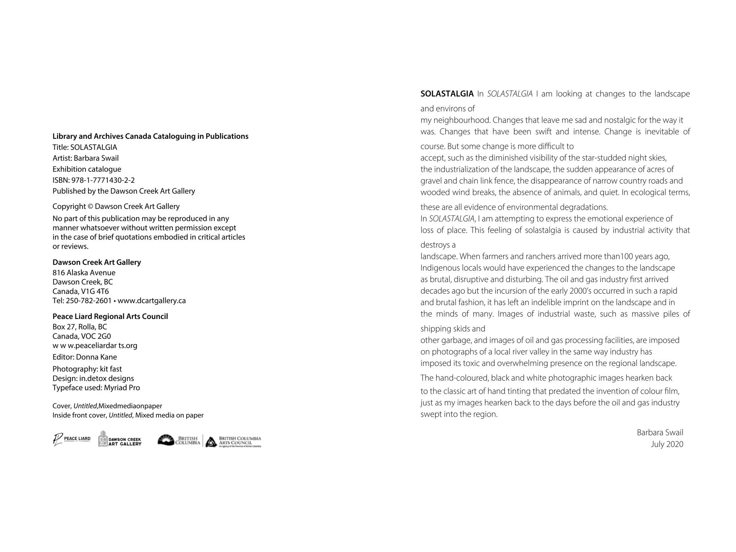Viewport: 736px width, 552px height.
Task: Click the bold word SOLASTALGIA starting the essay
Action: [x=447, y=94]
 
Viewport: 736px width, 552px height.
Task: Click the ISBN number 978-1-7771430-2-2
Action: [x=103, y=180]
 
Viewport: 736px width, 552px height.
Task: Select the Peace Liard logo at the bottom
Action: [x=72, y=439]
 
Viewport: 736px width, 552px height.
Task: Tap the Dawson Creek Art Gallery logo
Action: [x=120, y=439]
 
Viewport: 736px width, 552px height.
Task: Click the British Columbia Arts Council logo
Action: [x=233, y=441]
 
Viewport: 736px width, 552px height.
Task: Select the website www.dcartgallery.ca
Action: [x=151, y=301]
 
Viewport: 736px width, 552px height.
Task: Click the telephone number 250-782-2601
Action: [x=89, y=301]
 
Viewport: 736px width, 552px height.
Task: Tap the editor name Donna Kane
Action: [x=96, y=357]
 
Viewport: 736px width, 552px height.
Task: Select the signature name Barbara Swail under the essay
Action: [x=660, y=433]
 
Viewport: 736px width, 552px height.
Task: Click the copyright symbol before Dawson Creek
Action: [x=90, y=207]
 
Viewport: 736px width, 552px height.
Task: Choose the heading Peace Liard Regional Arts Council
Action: [x=110, y=317]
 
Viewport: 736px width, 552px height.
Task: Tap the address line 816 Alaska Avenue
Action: [x=84, y=273]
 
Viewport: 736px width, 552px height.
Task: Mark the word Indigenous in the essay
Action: [x=440, y=268]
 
